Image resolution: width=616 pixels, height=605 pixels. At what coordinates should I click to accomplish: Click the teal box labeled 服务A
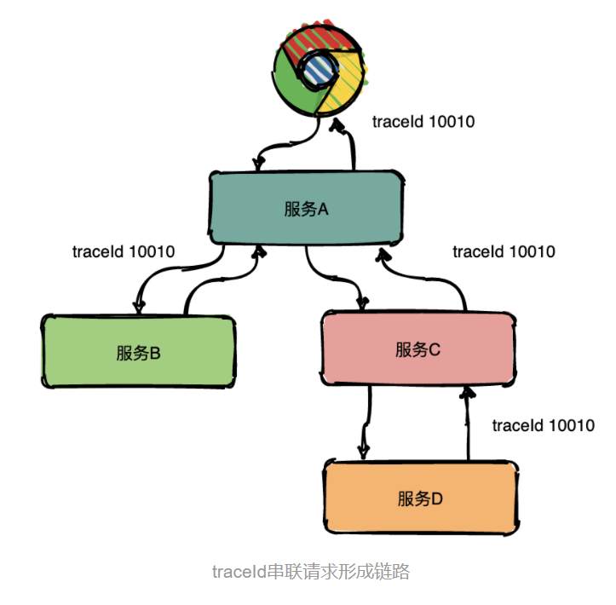(306, 207)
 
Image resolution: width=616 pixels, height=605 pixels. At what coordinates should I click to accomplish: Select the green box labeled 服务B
(138, 351)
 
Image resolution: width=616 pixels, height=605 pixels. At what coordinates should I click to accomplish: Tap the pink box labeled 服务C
(417, 349)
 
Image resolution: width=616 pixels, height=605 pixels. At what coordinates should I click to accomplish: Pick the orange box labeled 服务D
(420, 498)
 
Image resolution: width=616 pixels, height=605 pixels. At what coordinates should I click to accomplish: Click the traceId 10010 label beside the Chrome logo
(423, 122)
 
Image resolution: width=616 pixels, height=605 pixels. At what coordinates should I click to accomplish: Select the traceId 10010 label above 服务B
(124, 251)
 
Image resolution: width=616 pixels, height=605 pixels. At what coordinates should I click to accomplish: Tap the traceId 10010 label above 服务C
(504, 251)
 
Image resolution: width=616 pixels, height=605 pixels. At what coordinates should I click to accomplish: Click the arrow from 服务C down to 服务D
(366, 422)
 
